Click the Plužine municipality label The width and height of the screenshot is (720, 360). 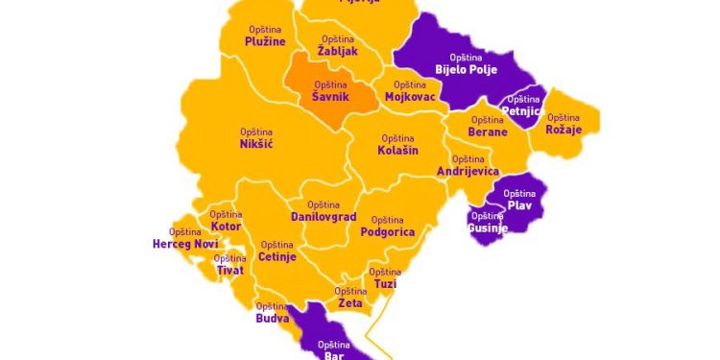tap(265, 41)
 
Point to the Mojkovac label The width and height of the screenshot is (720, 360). tap(409, 97)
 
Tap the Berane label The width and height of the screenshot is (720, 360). tap(488, 132)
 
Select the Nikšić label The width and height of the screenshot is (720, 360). tap(256, 144)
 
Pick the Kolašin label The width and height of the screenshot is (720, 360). tap(397, 150)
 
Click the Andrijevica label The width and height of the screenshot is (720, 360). tap(468, 170)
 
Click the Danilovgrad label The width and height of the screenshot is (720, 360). tap(324, 217)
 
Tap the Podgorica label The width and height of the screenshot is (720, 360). tap(387, 231)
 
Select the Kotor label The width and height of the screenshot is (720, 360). tap(226, 226)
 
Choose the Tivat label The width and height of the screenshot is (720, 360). tap(229, 270)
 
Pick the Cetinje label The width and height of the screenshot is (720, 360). tap(277, 256)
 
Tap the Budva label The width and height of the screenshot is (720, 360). tap(273, 317)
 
